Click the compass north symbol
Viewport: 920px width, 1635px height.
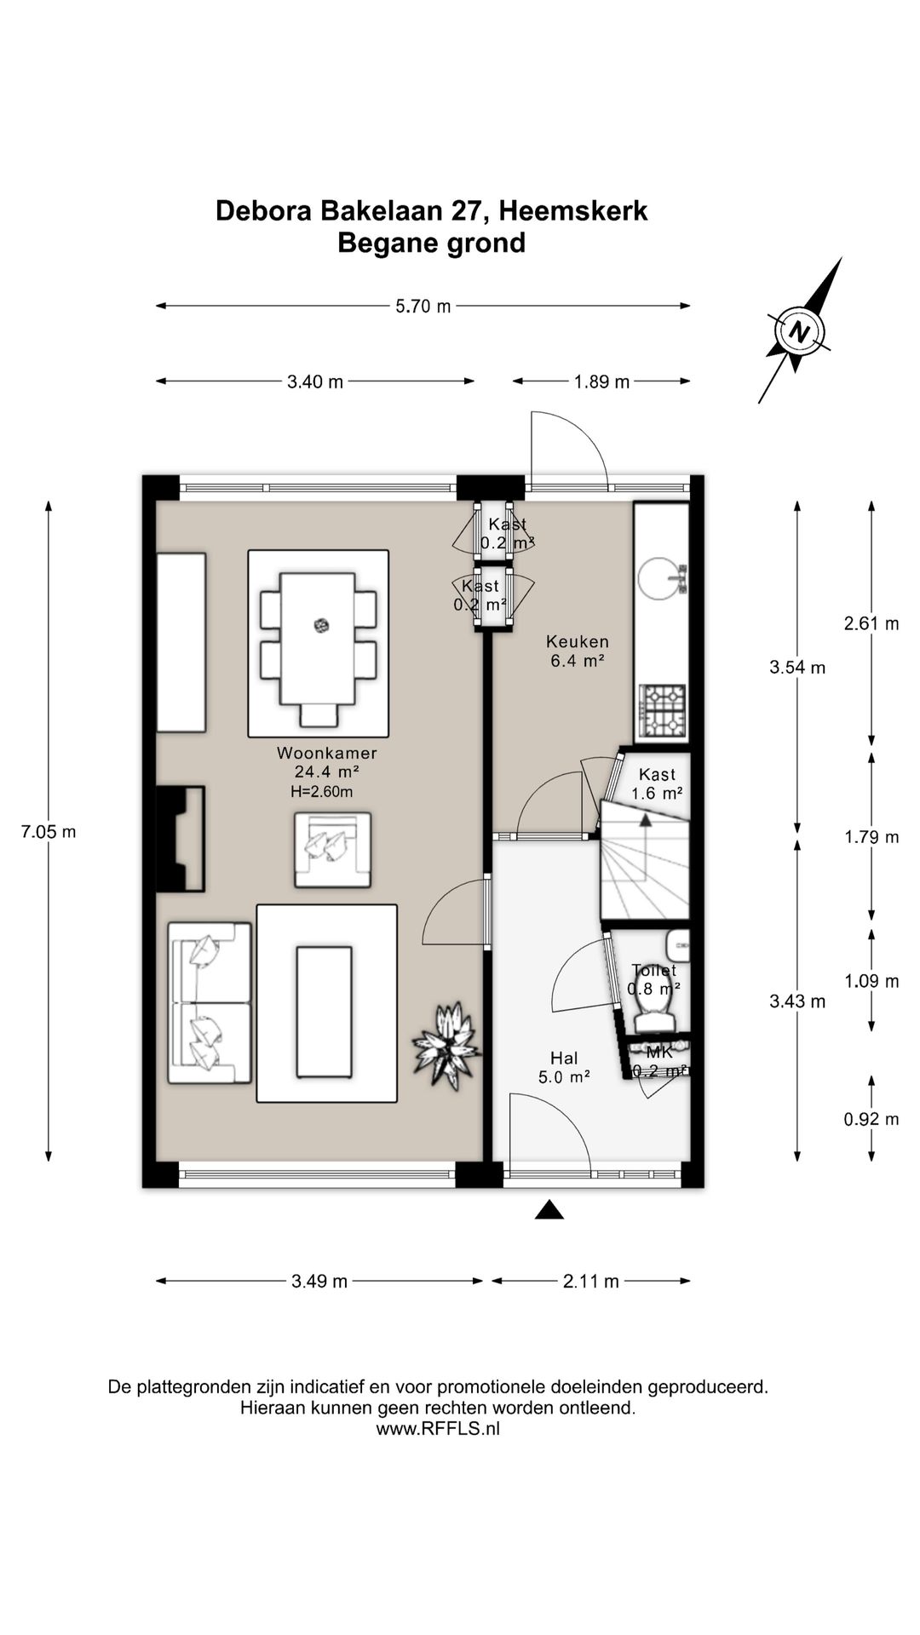[798, 330]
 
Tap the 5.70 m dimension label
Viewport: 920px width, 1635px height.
[423, 307]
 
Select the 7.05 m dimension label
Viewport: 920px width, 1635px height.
[49, 831]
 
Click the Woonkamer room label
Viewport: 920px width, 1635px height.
[326, 753]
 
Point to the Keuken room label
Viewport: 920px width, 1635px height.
[578, 641]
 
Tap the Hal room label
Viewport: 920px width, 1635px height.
[564, 1058]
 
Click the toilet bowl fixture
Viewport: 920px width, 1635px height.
[654, 1014]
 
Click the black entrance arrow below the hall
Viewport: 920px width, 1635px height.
[549, 1209]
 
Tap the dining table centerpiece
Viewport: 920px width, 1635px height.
[321, 626]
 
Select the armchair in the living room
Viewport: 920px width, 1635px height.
[332, 850]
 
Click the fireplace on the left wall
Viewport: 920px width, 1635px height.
[181, 839]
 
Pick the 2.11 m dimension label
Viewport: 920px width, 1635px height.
[590, 1281]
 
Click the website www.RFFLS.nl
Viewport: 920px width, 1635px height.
[438, 1429]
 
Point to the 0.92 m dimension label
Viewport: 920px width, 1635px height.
[871, 1119]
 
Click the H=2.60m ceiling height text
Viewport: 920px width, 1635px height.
[321, 791]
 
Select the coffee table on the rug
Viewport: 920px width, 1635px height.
[324, 1012]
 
